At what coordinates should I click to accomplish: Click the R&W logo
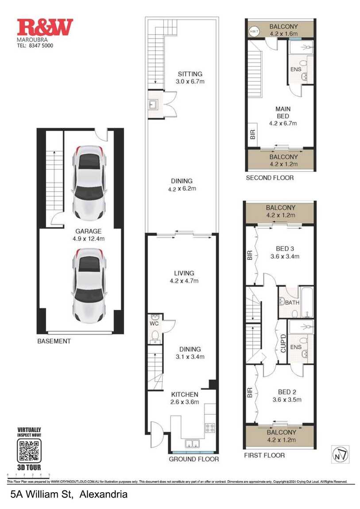(x=45, y=27)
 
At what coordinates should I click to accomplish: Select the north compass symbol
(x=340, y=454)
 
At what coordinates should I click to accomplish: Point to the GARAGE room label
(x=88, y=231)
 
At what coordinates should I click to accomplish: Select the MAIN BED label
(x=283, y=112)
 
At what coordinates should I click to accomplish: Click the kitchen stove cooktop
(x=209, y=428)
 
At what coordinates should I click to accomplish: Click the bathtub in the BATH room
(x=307, y=302)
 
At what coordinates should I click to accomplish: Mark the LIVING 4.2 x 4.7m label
(x=184, y=277)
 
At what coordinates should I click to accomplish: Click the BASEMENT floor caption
(x=54, y=341)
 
